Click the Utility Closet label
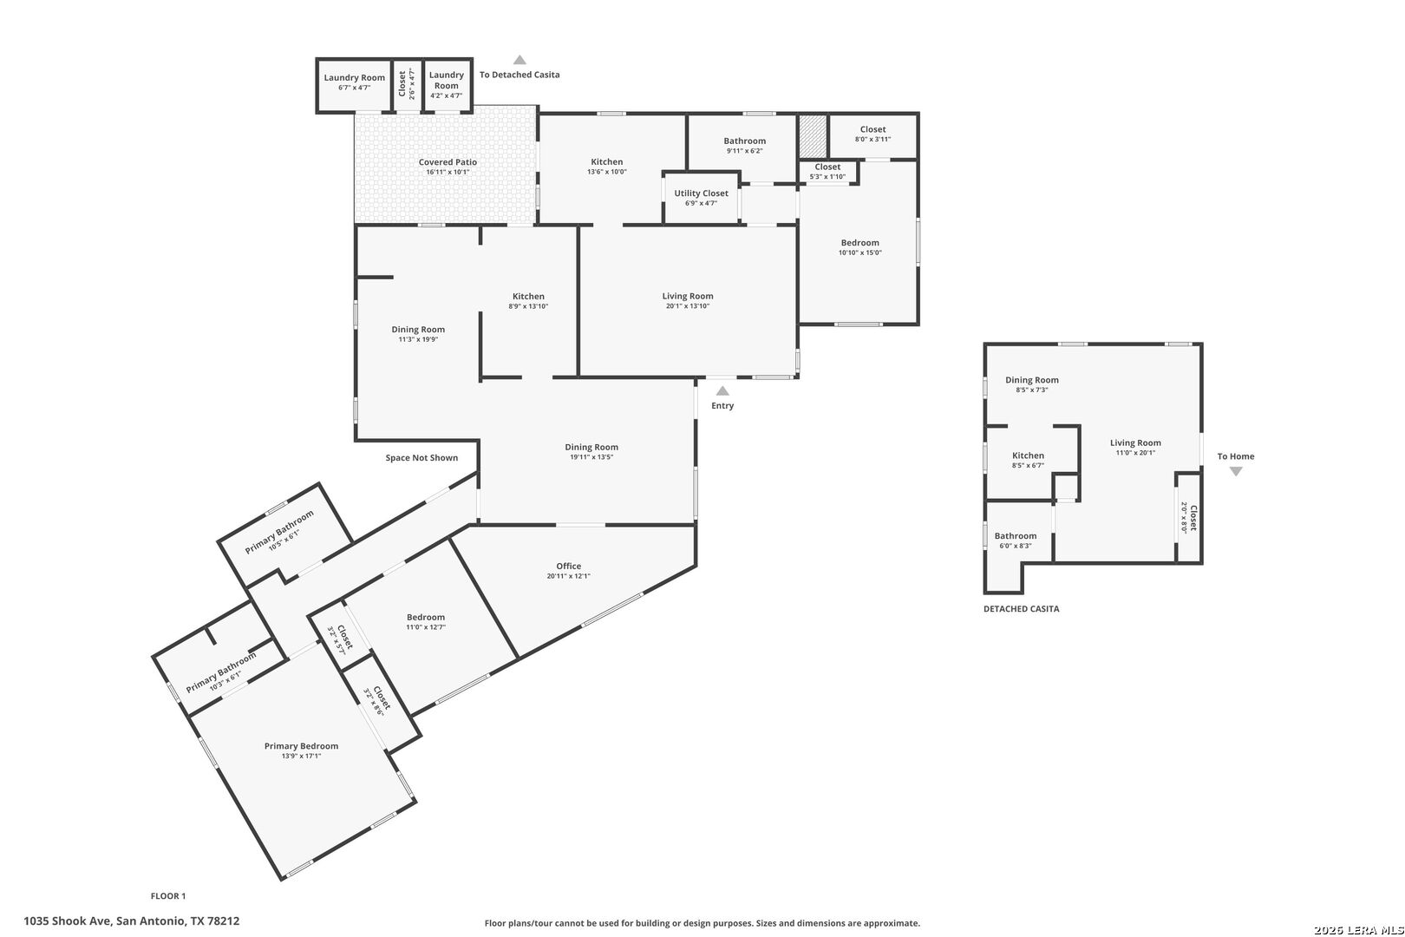click(702, 193)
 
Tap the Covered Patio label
click(448, 162)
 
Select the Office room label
click(568, 566)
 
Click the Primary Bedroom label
click(301, 745)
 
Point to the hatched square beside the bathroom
click(813, 136)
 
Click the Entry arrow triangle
click(722, 391)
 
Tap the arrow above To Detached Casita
click(520, 60)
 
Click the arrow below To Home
click(1236, 471)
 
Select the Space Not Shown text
click(421, 457)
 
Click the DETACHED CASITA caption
click(1021, 609)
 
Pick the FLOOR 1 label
click(168, 896)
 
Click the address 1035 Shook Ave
click(68, 921)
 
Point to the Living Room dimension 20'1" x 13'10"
click(688, 306)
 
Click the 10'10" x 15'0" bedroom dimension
click(860, 253)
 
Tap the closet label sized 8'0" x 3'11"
click(872, 129)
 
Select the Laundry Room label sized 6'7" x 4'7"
click(355, 78)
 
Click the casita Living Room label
click(1135, 442)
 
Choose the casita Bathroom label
click(1016, 536)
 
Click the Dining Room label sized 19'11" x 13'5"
click(591, 447)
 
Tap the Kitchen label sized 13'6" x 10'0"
click(606, 162)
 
